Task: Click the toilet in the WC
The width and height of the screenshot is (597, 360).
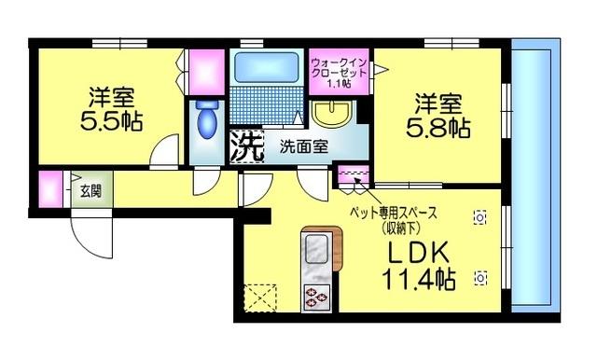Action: tap(207, 118)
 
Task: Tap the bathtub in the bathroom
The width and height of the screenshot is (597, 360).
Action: tap(266, 67)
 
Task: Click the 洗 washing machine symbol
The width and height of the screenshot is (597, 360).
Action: tap(246, 146)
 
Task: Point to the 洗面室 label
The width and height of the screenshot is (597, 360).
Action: tap(304, 146)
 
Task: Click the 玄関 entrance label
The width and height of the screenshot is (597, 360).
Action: tap(91, 190)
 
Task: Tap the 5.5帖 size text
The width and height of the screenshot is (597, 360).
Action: tap(111, 121)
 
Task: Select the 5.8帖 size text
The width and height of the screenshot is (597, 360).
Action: tap(437, 129)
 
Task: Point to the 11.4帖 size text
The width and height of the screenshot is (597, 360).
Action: tap(418, 280)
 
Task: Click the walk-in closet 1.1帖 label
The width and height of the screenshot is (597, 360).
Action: tap(339, 73)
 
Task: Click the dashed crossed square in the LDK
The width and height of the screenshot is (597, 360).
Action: tap(260, 298)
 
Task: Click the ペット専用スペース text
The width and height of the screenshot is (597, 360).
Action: tap(394, 213)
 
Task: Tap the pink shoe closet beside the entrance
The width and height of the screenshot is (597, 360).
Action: tap(50, 189)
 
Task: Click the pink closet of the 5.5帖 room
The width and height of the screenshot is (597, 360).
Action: tap(206, 72)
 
